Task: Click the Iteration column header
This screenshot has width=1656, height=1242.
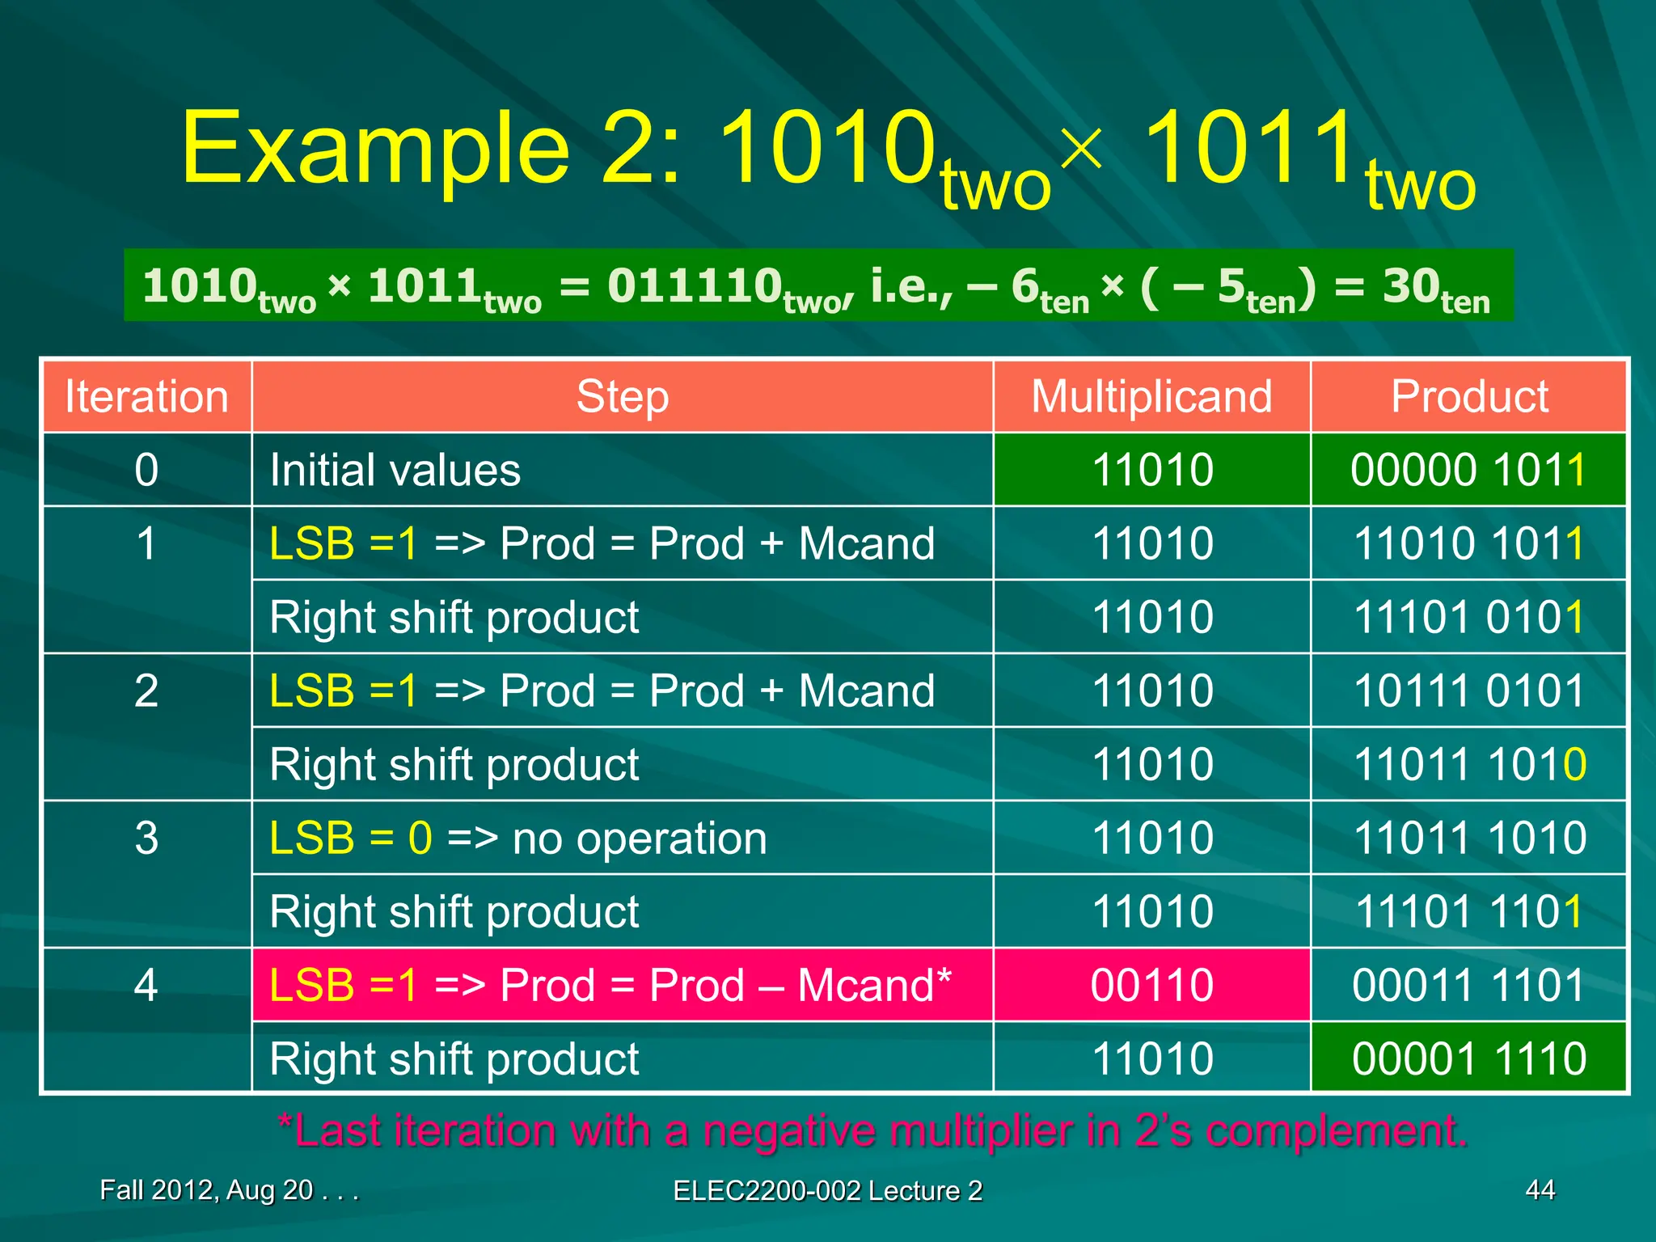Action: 146,397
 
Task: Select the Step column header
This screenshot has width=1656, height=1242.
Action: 622,397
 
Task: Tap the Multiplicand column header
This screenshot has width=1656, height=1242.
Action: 1151,397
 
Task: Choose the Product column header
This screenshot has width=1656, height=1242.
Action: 1468,397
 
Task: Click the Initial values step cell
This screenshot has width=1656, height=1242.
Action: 395,470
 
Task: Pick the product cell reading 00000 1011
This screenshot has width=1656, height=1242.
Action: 1468,470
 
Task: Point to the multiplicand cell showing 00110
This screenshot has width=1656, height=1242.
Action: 1151,985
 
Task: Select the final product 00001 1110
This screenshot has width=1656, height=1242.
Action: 1468,1058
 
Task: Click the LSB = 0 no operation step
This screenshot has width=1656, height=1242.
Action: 518,838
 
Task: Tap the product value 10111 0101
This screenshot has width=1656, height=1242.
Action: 1468,691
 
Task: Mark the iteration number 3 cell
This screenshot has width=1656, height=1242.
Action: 146,838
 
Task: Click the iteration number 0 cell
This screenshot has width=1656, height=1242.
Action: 146,470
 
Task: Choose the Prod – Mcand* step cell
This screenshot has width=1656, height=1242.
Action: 610,985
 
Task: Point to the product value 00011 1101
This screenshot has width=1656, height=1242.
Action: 1468,985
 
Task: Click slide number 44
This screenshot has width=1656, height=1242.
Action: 1540,1189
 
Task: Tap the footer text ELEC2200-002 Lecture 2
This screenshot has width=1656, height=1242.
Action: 827,1190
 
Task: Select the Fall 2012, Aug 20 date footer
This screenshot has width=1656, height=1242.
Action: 229,1190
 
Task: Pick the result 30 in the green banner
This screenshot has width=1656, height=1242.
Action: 1411,286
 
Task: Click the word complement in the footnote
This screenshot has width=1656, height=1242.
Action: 1334,1130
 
